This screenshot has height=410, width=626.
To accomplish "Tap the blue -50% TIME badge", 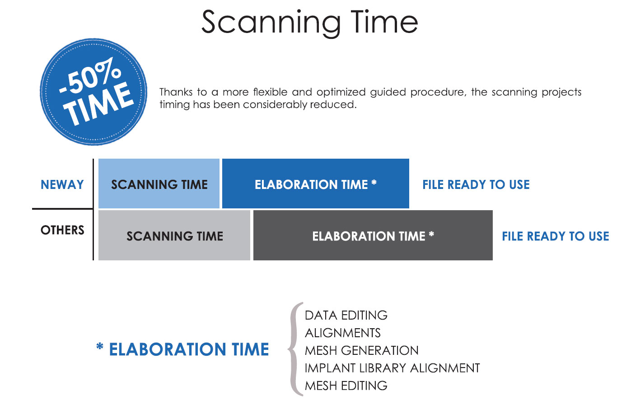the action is (93, 92).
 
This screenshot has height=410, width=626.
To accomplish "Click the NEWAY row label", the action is (62, 184).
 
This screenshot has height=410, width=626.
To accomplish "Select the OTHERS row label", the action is (62, 230).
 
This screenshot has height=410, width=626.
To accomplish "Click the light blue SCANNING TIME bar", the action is (159, 184).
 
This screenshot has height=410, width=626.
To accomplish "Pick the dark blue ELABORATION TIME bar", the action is (316, 184).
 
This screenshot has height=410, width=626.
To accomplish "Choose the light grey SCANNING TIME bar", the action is (174, 235).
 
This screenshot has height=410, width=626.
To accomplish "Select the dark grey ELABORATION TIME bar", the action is (373, 235).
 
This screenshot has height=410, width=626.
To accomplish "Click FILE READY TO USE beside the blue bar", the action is (476, 184).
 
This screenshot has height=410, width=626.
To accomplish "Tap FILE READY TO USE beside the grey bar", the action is (556, 236).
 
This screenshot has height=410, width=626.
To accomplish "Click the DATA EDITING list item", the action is (346, 316).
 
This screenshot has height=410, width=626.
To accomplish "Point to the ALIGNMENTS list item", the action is (343, 333).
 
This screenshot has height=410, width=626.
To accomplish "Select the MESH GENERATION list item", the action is (362, 350).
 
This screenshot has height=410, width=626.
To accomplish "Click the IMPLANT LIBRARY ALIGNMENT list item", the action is (392, 368).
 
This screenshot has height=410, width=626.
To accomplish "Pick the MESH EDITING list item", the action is (346, 386).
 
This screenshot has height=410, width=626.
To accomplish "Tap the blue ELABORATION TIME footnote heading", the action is (189, 349).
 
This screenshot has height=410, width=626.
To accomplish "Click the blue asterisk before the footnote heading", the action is (100, 346).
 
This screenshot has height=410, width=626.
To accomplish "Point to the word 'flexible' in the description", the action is (270, 92).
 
